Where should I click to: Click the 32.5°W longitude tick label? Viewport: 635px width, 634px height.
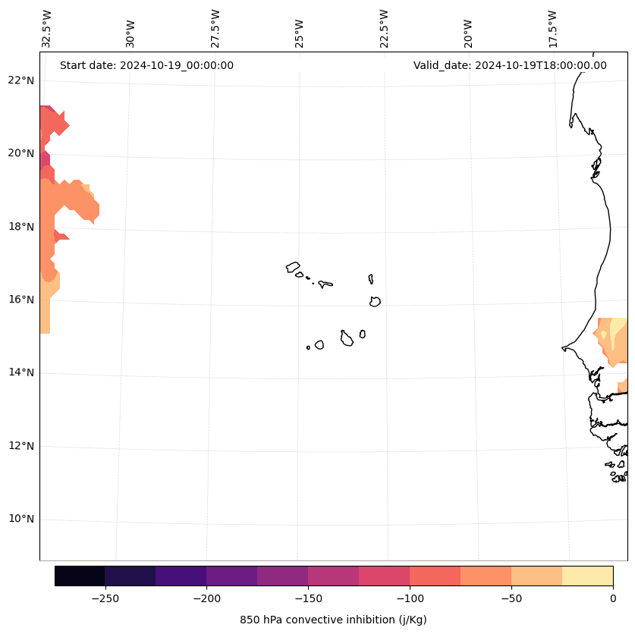(x=47, y=28)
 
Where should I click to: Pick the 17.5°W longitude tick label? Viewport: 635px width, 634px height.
(x=553, y=28)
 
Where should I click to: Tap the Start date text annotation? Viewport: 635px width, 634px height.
(x=146, y=65)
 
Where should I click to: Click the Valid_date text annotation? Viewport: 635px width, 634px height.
(x=510, y=65)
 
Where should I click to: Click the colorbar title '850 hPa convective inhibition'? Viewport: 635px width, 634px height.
(x=333, y=620)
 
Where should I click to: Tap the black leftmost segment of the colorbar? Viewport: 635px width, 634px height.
(x=80, y=576)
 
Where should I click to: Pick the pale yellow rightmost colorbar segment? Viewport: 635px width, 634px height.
(x=587, y=576)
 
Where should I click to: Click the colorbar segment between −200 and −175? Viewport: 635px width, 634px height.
(x=231, y=576)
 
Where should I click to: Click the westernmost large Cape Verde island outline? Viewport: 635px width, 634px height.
(x=293, y=267)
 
